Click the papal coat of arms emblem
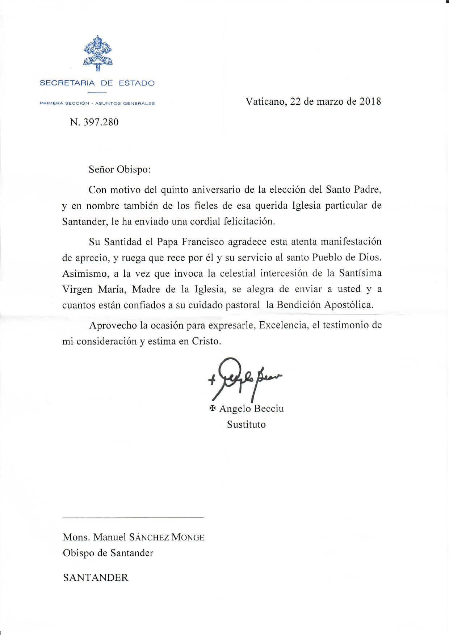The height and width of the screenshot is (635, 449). tap(97, 53)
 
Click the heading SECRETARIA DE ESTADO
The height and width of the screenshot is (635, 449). tap(97, 83)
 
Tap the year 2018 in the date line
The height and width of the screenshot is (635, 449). tap(370, 101)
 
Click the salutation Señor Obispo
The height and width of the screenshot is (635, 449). tap(119, 169)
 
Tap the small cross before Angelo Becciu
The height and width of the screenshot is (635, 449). tap(213, 409)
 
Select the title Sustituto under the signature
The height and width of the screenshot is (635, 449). tap(246, 425)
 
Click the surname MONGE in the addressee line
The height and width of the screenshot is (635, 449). tap(188, 537)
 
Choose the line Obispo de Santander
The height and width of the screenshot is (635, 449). tap(108, 553)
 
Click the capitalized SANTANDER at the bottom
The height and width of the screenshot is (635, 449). tap(96, 577)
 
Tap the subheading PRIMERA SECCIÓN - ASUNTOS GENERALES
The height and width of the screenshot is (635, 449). tap(97, 104)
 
